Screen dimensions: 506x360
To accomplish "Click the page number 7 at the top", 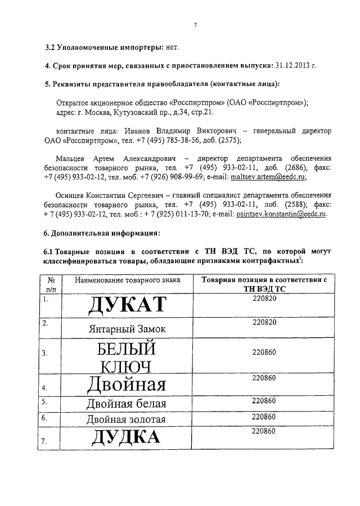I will [195, 25].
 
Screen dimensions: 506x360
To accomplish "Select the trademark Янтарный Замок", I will [127, 329].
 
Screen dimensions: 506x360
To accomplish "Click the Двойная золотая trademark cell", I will [126, 419].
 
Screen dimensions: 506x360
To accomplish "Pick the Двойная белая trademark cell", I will [126, 403].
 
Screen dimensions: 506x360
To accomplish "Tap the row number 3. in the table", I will [47, 353].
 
